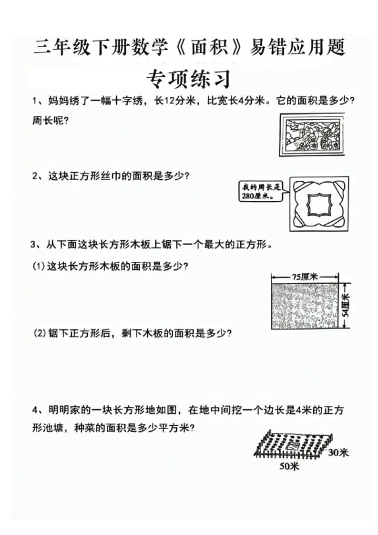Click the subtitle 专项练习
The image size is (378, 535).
189,78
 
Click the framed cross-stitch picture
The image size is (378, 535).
311,135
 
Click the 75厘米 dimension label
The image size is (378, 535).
306,276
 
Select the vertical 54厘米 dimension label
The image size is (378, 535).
346,305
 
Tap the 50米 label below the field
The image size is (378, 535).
289,467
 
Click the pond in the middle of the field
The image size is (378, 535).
292,446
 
